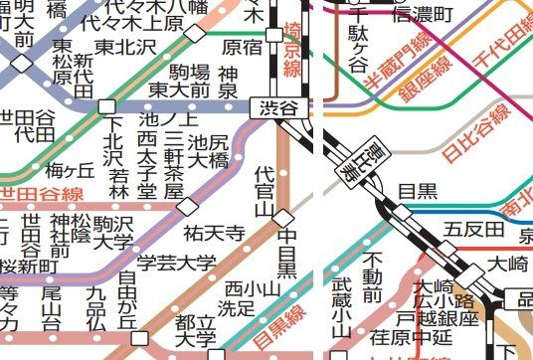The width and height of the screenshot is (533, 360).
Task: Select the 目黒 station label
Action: [411, 190]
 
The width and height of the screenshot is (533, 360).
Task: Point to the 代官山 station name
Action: [265, 192]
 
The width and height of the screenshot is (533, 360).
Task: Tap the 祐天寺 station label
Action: [215, 233]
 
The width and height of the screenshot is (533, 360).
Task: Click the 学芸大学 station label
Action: [176, 263]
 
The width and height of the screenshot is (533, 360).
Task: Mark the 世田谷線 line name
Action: [40, 193]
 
